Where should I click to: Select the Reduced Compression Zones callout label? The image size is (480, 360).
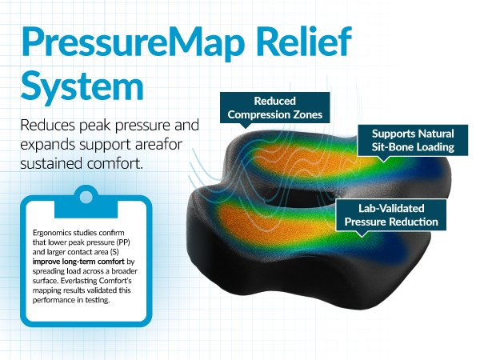point(274,109)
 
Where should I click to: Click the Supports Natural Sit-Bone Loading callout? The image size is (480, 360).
point(406,139)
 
